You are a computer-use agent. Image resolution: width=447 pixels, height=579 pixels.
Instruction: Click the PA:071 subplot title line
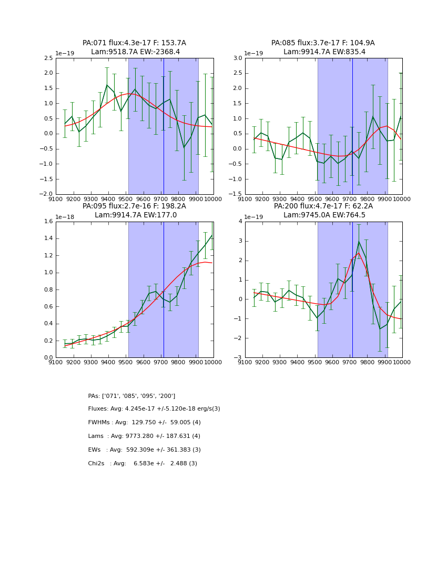tap(134, 43)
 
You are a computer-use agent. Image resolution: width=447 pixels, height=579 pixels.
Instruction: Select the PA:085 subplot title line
tap(323, 43)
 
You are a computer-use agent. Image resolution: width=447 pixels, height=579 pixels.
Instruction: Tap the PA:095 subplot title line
tap(134, 206)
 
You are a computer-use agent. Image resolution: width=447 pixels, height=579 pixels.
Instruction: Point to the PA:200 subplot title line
tap(323, 206)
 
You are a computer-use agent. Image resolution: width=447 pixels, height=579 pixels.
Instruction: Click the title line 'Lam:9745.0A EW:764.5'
tap(323, 215)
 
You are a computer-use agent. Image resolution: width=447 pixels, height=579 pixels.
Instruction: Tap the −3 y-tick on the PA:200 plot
tap(238, 357)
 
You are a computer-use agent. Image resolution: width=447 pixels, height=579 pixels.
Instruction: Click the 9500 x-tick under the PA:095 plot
tap(126, 362)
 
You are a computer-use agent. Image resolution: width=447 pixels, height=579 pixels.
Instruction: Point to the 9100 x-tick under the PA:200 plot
tap(245, 362)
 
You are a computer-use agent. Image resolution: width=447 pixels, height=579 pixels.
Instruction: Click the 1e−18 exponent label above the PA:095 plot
tap(66, 217)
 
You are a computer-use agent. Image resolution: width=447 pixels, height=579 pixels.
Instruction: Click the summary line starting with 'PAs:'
tap(131, 396)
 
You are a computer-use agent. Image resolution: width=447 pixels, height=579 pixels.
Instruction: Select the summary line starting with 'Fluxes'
tap(154, 409)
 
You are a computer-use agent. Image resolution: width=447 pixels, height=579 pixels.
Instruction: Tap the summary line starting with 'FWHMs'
tap(144, 423)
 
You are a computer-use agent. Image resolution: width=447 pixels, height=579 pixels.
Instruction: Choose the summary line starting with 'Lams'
tap(144, 436)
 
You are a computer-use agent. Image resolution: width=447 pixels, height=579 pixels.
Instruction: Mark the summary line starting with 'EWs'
tap(144, 450)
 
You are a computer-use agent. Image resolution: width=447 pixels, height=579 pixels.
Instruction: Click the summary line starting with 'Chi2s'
tap(143, 464)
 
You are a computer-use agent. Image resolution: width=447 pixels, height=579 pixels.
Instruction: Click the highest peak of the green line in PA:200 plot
tap(359, 242)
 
